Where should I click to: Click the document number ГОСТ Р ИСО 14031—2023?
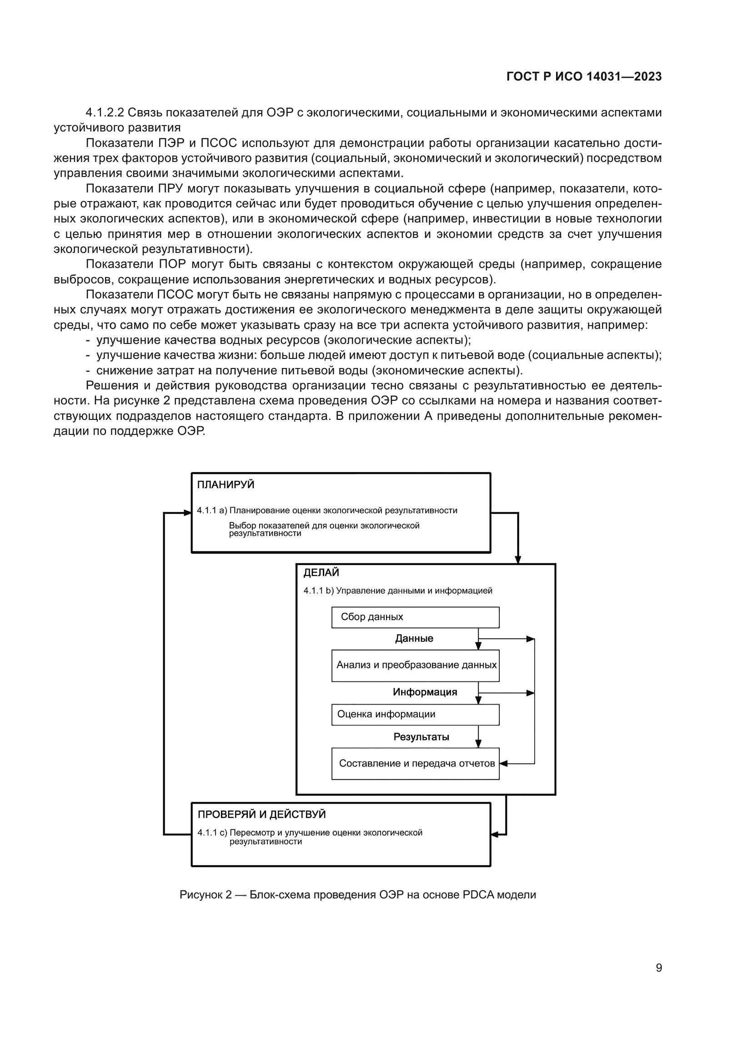pos(584,77)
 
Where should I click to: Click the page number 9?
pos(658,968)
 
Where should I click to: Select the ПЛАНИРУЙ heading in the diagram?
pos(226,485)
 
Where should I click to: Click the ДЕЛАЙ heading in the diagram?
pos(321,572)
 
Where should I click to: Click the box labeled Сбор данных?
pos(415,617)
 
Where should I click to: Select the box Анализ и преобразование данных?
pos(415,665)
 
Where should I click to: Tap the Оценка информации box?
pos(415,714)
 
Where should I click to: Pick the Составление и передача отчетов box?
pos(415,763)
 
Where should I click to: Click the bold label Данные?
pos(414,639)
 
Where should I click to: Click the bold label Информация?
pos(425,692)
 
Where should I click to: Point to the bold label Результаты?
pos(421,737)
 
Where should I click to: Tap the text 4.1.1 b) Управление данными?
pos(397,591)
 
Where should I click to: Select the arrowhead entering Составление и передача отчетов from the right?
pos(504,763)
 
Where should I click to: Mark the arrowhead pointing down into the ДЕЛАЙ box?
pos(518,560)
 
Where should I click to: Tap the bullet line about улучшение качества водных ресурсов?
pos(283,340)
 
